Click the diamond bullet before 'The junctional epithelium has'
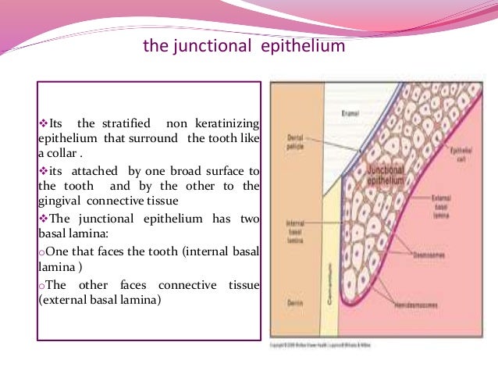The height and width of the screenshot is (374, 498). click(x=43, y=219)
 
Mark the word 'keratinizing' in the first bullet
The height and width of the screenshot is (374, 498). click(x=226, y=125)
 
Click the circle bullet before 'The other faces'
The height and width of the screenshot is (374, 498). click(x=41, y=284)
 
